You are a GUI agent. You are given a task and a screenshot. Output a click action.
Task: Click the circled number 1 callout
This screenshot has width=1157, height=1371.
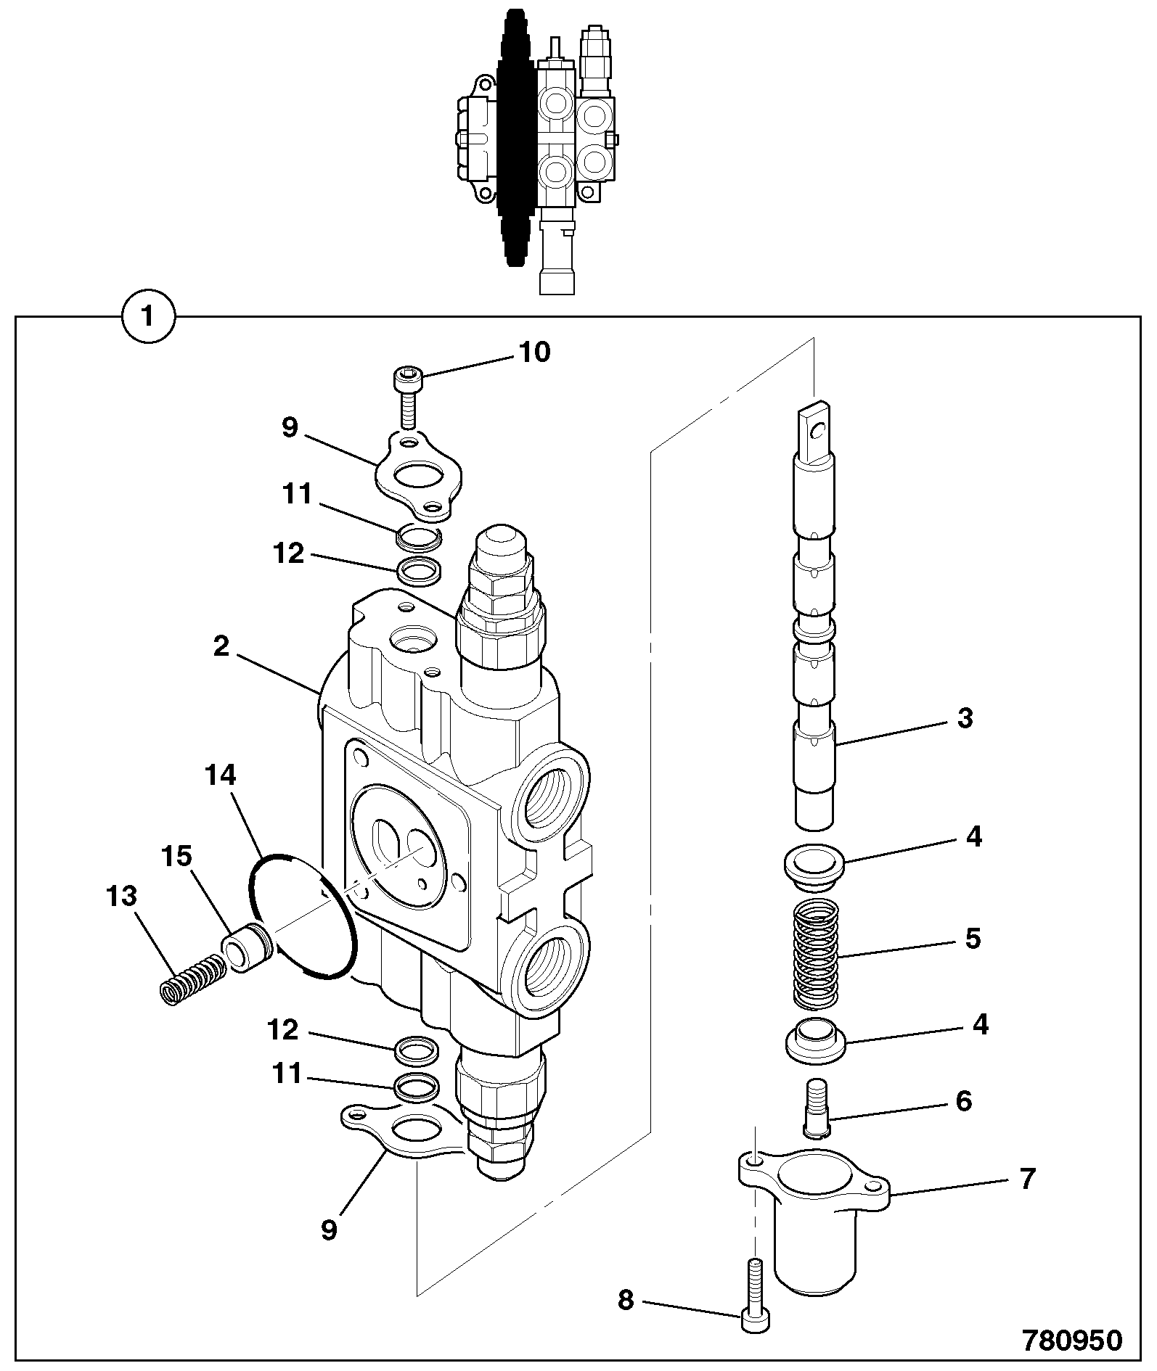(x=148, y=317)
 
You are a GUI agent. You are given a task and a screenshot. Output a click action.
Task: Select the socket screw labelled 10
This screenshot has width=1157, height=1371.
(x=406, y=398)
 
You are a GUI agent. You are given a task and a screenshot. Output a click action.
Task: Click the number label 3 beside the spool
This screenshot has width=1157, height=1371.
(x=964, y=718)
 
